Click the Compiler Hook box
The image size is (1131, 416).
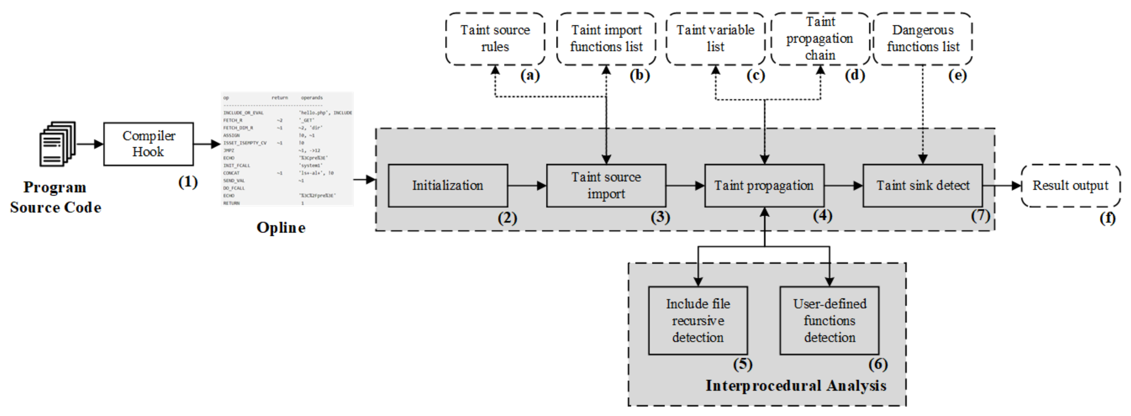coord(148,144)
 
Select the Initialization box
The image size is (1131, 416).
coord(448,186)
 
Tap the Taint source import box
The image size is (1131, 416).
coord(606,186)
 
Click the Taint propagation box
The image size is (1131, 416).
coord(764,186)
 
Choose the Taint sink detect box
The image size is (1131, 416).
coord(923,186)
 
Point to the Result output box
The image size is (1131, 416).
coord(1071,186)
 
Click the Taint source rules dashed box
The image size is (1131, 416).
coord(495,38)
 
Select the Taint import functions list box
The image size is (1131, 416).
coord(606,38)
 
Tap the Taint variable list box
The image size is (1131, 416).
coord(715,38)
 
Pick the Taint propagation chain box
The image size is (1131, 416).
coord(820,38)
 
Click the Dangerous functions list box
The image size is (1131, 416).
coord(923,38)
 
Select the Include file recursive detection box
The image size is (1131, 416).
coord(698,320)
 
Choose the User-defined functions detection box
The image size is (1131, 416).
coord(829,320)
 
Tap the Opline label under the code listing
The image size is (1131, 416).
coord(281,228)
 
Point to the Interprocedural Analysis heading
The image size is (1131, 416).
coord(796,386)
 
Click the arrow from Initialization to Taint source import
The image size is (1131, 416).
coord(527,186)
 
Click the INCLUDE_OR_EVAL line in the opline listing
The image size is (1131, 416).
coord(244,113)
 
